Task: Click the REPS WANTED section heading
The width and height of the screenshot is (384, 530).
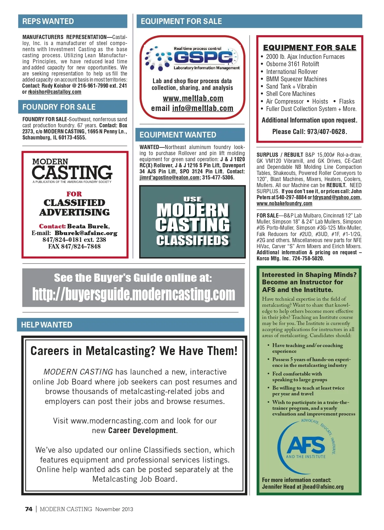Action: [48, 21]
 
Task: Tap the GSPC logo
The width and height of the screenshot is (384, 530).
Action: [192, 58]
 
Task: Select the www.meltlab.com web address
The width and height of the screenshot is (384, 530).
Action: [193, 98]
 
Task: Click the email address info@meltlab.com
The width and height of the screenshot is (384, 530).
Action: [203, 108]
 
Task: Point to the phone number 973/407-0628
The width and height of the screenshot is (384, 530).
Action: [326, 131]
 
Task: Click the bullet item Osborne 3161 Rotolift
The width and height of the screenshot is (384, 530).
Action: [292, 64]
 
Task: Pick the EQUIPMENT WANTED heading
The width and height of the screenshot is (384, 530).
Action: [178, 135]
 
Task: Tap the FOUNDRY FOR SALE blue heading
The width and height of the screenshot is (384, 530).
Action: [59, 107]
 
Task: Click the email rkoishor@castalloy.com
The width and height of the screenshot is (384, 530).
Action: [55, 92]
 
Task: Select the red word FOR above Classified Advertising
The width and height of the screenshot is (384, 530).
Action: [74, 194]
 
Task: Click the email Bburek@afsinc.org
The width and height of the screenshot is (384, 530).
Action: [86, 233]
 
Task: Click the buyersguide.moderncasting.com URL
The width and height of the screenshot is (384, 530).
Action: [133, 294]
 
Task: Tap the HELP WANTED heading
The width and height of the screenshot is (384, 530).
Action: [47, 325]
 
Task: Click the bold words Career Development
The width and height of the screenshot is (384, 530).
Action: [142, 431]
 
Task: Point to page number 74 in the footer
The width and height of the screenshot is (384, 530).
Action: [28, 509]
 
